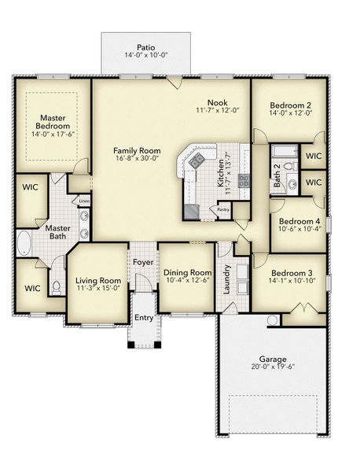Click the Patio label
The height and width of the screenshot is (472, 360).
tap(145, 47)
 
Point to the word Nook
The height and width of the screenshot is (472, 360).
tap(218, 103)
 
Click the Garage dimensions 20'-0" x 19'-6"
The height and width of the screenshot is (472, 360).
tap(272, 367)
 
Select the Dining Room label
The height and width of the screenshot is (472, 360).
tap(186, 273)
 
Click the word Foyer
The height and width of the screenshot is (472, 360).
tap(143, 262)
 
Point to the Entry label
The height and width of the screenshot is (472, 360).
tap(144, 317)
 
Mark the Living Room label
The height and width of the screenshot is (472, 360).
tap(98, 280)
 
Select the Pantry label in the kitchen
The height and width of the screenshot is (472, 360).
tap(223, 210)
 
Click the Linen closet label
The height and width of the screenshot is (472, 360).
tap(84, 202)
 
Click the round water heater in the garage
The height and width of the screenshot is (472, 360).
tap(272, 320)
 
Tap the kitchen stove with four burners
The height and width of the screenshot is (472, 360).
tap(196, 160)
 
